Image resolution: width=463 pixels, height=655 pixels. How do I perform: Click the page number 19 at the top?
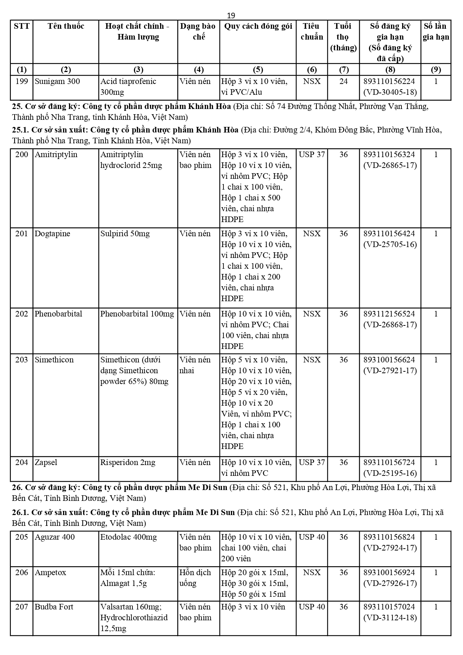(231, 15)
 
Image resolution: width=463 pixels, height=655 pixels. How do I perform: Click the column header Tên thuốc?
(66, 26)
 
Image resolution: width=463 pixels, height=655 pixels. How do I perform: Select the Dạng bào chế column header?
(198, 31)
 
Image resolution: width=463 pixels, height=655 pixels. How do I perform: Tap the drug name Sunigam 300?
(57, 81)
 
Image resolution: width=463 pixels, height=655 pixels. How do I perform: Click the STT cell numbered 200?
(22, 155)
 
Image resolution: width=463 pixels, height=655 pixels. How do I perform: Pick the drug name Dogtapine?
(52, 234)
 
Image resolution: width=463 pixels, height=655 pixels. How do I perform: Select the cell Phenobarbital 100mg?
(137, 314)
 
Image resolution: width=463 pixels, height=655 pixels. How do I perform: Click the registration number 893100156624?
(389, 360)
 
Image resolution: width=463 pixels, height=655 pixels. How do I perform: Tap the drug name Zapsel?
(46, 462)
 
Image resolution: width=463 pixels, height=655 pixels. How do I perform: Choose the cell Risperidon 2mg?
(128, 462)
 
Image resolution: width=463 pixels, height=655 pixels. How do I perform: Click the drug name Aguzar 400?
(54, 537)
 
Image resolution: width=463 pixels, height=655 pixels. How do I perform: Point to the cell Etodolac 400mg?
(128, 537)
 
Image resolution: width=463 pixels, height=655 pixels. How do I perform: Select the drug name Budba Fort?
(54, 607)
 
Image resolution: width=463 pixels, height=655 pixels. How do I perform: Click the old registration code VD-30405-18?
(390, 92)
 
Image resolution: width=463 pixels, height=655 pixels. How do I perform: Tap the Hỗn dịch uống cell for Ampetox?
(195, 578)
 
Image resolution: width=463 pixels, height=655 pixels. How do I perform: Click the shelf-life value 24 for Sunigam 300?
(343, 81)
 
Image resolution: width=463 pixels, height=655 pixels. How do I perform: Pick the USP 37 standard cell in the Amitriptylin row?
(312, 155)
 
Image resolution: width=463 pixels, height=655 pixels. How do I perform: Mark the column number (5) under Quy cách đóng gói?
(258, 69)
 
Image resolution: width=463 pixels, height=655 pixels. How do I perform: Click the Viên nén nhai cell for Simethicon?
(195, 365)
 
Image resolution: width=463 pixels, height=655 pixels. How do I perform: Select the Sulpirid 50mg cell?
(125, 234)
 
